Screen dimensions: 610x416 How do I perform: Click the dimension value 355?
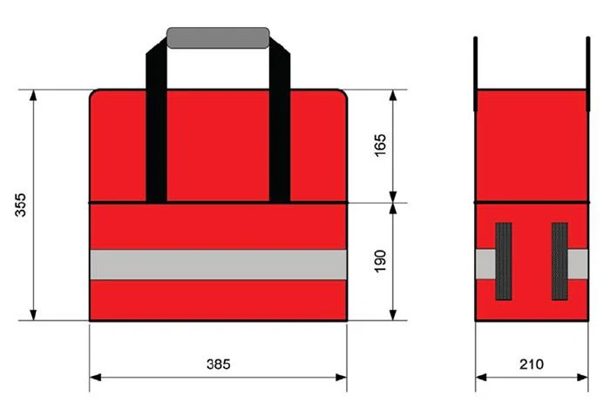click(20, 205)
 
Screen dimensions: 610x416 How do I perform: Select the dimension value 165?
click(380, 144)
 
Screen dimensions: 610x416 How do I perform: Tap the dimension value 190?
click(380, 261)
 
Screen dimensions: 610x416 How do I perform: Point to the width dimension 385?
click(218, 364)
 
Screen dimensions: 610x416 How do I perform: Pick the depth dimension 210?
click(532, 364)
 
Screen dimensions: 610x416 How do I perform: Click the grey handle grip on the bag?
click(218, 37)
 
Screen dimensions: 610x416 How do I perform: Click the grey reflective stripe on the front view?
click(218, 265)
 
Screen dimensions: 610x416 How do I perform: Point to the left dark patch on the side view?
click(504, 261)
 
